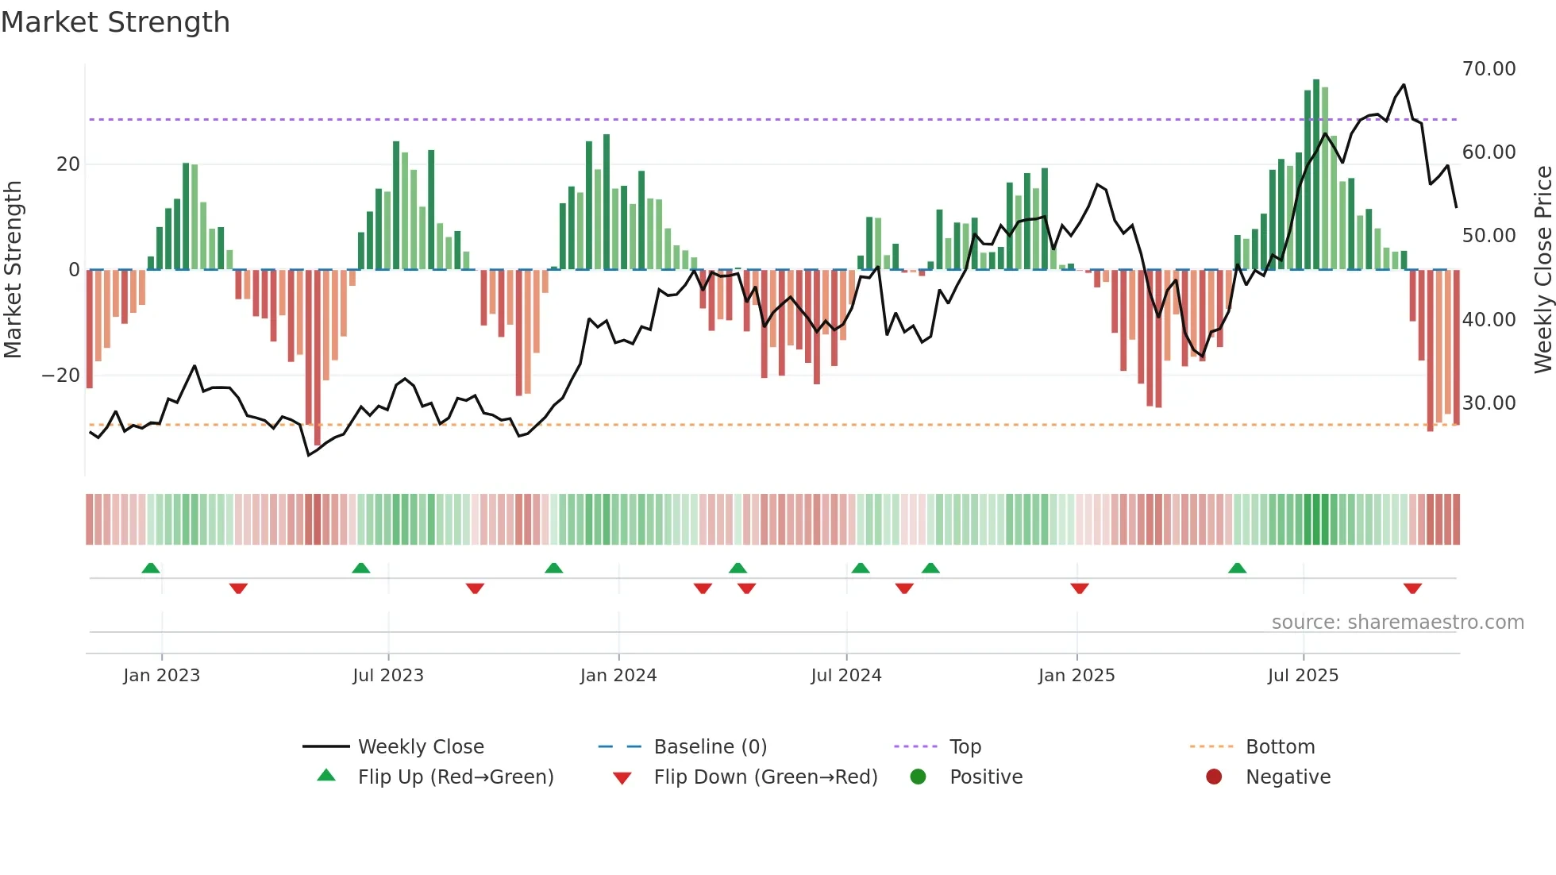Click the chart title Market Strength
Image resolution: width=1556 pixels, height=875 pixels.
click(115, 22)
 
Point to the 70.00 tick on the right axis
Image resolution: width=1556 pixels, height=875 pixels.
click(1489, 69)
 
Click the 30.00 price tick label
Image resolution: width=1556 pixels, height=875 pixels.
click(1489, 403)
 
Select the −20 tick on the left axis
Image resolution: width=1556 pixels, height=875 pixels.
click(61, 376)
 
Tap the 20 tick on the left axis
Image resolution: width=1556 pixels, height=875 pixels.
click(68, 164)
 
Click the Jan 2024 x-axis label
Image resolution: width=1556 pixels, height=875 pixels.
click(618, 676)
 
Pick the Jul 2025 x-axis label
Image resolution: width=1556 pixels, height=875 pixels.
click(1303, 676)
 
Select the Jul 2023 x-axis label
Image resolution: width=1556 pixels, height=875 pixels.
click(388, 676)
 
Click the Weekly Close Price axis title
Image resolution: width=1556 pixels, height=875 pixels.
click(1543, 269)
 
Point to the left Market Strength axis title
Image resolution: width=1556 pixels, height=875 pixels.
click(13, 269)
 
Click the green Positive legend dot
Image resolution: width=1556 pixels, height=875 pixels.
click(919, 777)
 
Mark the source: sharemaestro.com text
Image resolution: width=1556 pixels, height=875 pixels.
click(1397, 623)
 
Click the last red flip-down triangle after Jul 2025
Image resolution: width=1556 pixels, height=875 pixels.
click(1412, 588)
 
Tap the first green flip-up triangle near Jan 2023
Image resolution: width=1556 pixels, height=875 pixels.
click(151, 568)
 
